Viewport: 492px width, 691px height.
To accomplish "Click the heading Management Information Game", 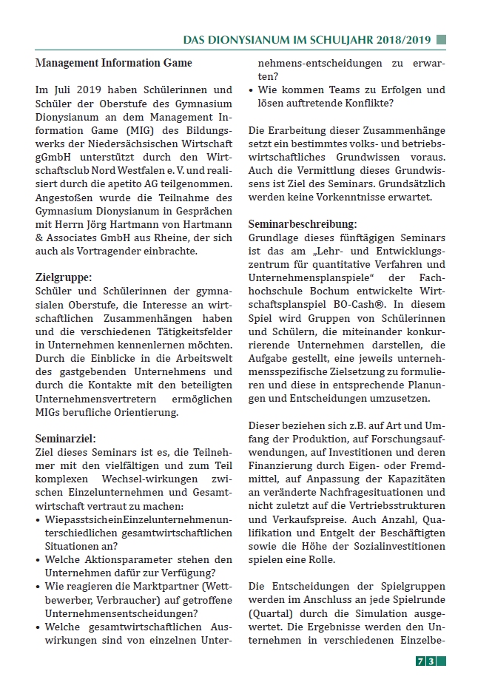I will click(x=113, y=63).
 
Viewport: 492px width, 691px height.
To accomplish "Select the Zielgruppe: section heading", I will click(x=64, y=277).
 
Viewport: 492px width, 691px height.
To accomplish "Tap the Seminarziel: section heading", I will click(x=65, y=438).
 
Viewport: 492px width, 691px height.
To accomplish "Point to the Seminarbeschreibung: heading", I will click(x=302, y=223).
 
